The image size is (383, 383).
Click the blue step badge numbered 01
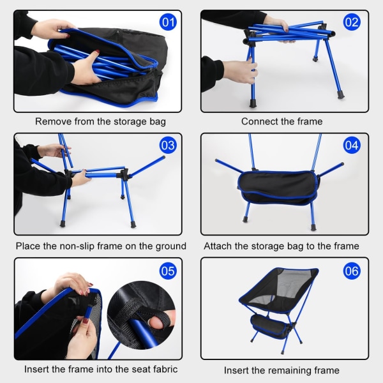coord(168,22)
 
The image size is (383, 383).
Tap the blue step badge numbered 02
coord(352,22)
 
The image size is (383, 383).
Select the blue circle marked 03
coord(168,146)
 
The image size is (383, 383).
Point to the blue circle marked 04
coord(352,146)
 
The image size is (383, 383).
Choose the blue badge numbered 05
coord(168,271)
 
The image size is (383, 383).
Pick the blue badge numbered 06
coord(352,271)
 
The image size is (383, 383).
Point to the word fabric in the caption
coord(165,369)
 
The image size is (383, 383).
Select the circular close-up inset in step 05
coord(142,315)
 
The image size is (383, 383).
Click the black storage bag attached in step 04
coord(278,187)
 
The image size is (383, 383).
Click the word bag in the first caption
coord(158,122)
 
